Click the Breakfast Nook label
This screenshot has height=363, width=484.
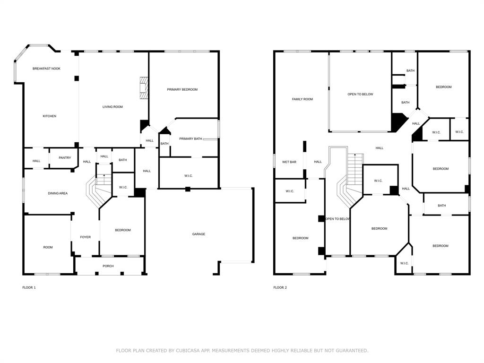coord(46,69)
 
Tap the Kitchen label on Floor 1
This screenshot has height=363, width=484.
coord(50,116)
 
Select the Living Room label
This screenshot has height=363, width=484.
coord(112,107)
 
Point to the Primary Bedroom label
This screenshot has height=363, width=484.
coord(182,89)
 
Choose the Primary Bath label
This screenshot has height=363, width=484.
coord(190,138)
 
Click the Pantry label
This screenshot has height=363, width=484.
coord(65,157)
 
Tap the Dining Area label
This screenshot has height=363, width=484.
coord(58,193)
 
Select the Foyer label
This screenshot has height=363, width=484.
coord(85,237)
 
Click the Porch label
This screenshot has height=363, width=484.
coord(108,266)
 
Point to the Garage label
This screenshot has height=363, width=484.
coord(199,234)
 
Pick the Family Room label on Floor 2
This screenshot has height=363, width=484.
coord(302,99)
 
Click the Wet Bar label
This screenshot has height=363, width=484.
coord(289,162)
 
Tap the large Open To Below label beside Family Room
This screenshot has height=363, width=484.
coord(360,94)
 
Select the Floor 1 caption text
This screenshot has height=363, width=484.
coord(29,287)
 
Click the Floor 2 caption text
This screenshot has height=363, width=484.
coord(280,287)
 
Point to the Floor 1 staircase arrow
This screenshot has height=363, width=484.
coord(104,176)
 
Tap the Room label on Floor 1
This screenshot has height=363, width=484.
coord(48,247)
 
